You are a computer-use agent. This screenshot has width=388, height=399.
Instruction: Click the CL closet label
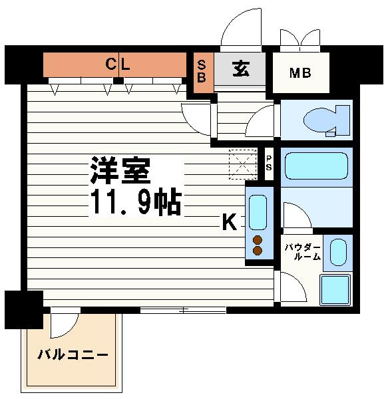[x=120, y=65]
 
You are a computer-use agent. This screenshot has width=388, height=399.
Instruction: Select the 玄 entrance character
[x=240, y=69]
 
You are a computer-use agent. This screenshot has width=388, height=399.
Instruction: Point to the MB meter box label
[x=299, y=72]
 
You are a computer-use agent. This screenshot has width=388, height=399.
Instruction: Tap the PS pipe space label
[x=269, y=163]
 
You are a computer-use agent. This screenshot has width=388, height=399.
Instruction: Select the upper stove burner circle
[x=258, y=240]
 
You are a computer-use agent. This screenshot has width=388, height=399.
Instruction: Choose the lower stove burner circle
[x=258, y=251]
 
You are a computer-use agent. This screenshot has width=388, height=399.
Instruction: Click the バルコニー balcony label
[x=73, y=354]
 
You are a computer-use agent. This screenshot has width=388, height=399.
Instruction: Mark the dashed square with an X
[x=242, y=164]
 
